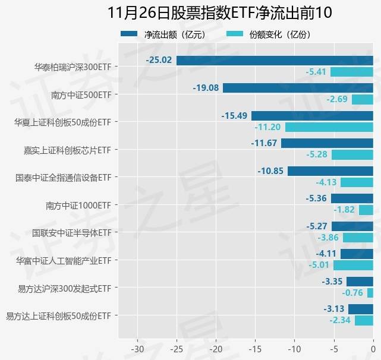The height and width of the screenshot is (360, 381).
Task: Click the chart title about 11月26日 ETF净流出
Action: point(220,12)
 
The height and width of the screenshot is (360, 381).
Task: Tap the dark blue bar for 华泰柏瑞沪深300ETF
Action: point(275,60)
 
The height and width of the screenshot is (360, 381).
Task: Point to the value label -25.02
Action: point(159,60)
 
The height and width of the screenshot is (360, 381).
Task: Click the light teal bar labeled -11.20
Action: point(329,127)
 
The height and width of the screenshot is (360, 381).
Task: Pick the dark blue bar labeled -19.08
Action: point(298,88)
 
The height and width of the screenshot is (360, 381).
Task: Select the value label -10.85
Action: point(270,170)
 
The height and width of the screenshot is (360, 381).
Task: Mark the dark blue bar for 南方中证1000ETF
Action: point(352,198)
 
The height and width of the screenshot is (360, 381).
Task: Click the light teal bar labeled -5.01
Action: point(354,265)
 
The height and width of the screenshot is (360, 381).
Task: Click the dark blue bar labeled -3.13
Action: point(361,309)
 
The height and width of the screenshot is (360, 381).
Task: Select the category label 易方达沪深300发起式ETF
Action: point(65,288)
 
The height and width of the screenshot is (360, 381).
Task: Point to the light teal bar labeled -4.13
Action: point(357,182)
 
